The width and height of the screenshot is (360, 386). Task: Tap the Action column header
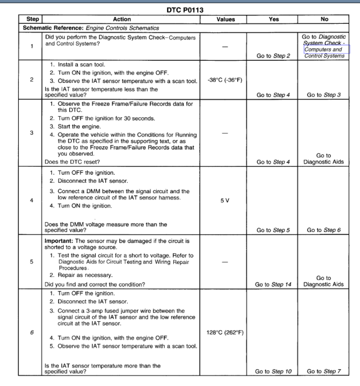tap(122, 19)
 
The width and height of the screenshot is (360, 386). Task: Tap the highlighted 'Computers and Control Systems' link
tap(324, 53)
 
